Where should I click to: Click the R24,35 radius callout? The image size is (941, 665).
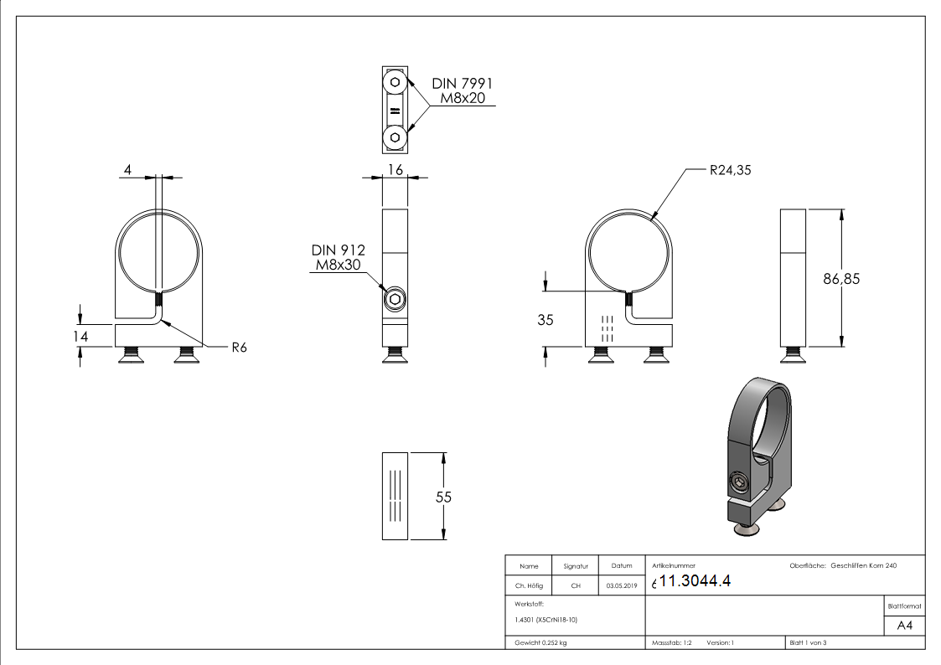pyautogui.click(x=731, y=170)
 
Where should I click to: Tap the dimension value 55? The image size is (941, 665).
pyautogui.click(x=444, y=497)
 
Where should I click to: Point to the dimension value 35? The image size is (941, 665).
pyautogui.click(x=545, y=319)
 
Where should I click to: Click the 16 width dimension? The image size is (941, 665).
pyautogui.click(x=395, y=170)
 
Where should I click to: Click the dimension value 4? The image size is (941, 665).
pyautogui.click(x=127, y=170)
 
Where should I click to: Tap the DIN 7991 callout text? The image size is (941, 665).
pyautogui.click(x=462, y=84)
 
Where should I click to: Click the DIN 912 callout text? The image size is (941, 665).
pyautogui.click(x=338, y=250)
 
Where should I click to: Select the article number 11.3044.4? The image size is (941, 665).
pyautogui.click(x=695, y=582)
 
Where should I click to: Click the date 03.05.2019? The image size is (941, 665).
pyautogui.click(x=621, y=586)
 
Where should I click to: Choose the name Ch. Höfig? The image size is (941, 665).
pyautogui.click(x=528, y=586)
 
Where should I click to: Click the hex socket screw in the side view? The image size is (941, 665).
pyautogui.click(x=395, y=299)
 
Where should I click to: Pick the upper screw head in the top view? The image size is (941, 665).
pyautogui.click(x=395, y=83)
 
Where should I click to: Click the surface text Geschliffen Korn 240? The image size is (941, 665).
pyautogui.click(x=863, y=566)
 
